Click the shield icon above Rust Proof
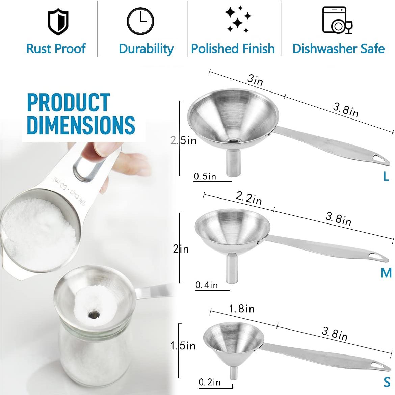point(58,23)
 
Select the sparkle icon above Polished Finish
point(238,19)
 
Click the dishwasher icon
point(337,21)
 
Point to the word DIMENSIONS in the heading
point(81,125)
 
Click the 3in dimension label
point(255,80)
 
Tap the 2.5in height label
point(183,140)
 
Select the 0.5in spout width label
point(205,176)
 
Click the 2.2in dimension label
point(249,198)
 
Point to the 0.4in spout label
point(207,285)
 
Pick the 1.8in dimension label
point(242,309)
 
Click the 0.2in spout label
point(209,382)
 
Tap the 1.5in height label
point(183,346)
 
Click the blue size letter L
point(386,176)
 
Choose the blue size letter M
point(386,273)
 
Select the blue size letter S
point(387,382)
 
